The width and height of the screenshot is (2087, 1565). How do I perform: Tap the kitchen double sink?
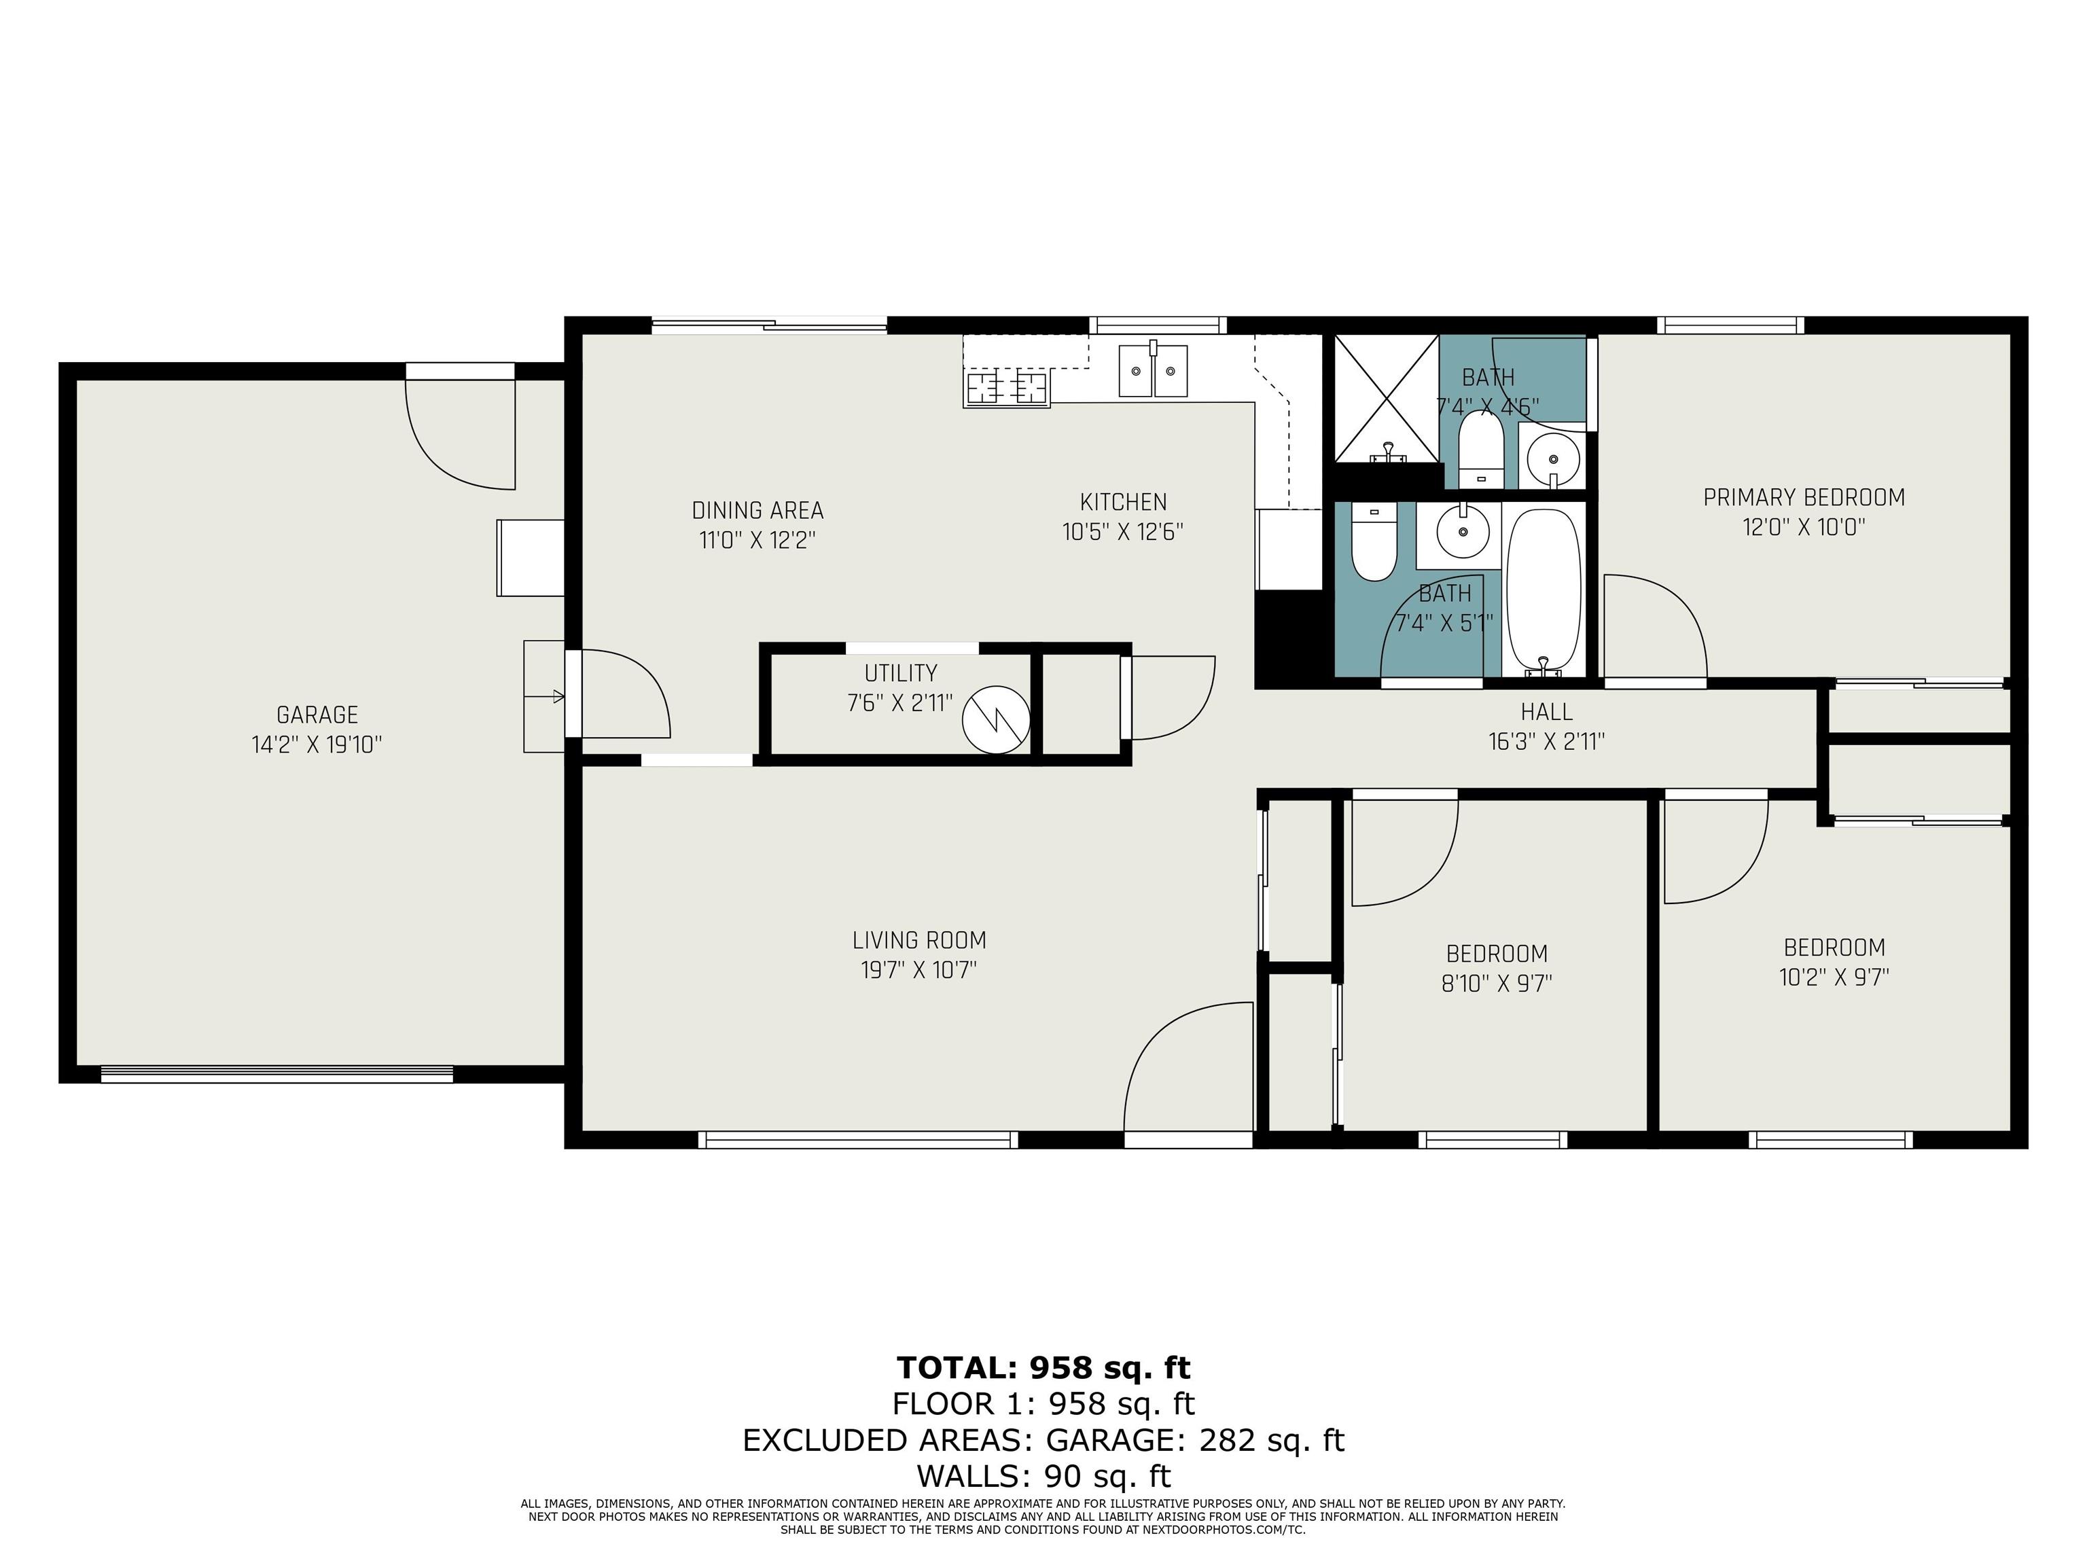pyautogui.click(x=1153, y=371)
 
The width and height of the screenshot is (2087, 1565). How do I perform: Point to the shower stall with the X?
pyautogui.click(x=1386, y=398)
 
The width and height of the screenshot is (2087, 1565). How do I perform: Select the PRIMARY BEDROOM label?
pyautogui.click(x=1803, y=497)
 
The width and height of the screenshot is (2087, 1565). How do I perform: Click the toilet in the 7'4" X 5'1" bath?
pyautogui.click(x=1374, y=543)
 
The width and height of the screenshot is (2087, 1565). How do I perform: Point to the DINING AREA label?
pyautogui.click(x=757, y=510)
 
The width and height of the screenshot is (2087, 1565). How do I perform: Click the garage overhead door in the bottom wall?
pyautogui.click(x=277, y=1073)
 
